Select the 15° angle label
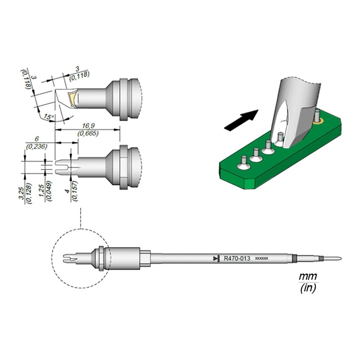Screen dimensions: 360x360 click(x=48, y=117)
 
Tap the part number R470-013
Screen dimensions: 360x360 click(x=237, y=258)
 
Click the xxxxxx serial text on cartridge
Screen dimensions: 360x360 click(x=262, y=258)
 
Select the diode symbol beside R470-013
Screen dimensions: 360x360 click(x=216, y=258)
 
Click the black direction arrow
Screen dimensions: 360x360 click(x=241, y=121)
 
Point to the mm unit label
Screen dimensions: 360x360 click(x=308, y=276)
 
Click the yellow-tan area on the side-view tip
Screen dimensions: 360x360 click(x=73, y=99)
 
